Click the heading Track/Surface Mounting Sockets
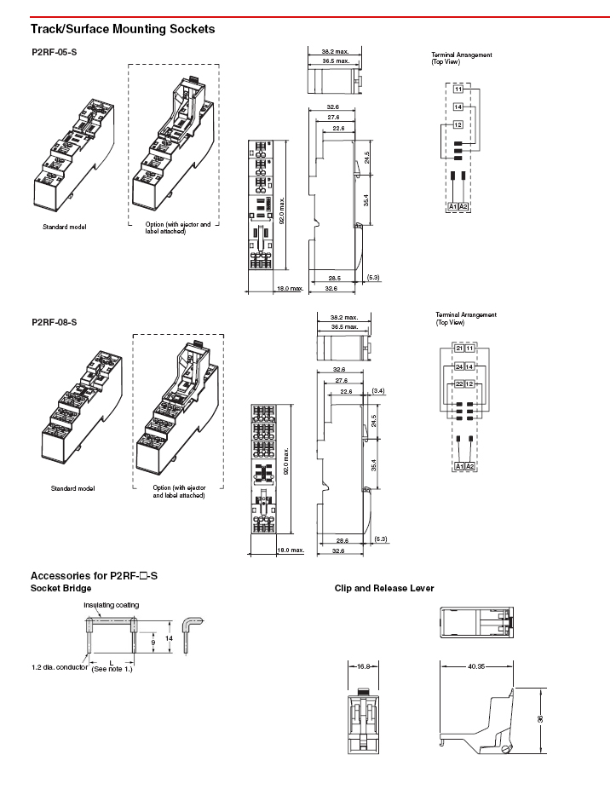[122, 29]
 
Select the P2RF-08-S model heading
[55, 322]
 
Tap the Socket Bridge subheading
[60, 588]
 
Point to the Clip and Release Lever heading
[384, 588]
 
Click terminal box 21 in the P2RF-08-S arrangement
[459, 349]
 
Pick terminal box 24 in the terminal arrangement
[459, 366]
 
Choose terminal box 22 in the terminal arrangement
[459, 384]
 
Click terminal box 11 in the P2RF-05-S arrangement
[458, 89]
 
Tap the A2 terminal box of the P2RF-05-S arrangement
[463, 207]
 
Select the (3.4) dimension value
[378, 390]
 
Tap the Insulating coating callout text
[111, 605]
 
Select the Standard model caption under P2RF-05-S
[65, 227]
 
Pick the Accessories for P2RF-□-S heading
[94, 576]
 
